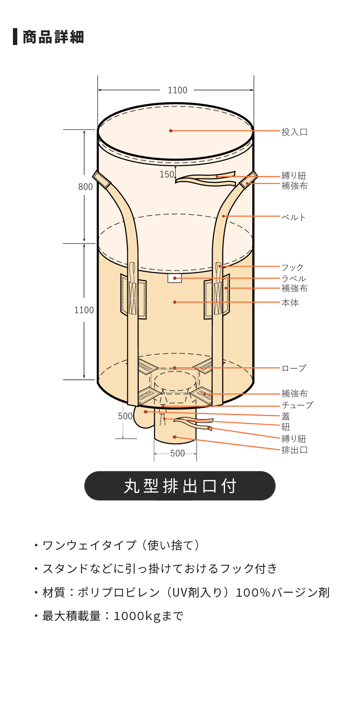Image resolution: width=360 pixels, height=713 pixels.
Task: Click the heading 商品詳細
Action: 53,37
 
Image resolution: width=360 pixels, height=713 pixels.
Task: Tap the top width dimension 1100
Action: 177,90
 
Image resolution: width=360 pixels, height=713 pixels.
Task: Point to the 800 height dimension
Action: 85,187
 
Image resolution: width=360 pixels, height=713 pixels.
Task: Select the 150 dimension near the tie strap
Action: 167,174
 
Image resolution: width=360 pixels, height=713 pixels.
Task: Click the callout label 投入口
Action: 294,132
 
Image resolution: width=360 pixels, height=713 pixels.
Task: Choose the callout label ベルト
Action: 293,217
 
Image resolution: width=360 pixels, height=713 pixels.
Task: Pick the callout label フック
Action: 292,268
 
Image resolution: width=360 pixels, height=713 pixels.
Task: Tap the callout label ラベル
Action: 294,278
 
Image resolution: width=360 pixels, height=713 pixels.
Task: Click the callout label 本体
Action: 290,302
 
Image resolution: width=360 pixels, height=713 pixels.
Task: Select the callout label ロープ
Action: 294,368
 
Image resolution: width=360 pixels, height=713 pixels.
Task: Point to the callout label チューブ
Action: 297,405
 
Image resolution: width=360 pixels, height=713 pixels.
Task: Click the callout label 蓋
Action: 285,416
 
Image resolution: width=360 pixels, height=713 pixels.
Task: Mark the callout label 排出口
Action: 294,450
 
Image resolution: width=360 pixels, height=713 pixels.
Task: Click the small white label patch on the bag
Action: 175,278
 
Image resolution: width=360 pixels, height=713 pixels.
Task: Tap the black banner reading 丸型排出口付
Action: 180,486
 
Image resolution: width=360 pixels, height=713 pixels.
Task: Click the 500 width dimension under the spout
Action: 177,453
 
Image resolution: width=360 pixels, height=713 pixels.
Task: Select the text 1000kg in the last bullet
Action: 137,616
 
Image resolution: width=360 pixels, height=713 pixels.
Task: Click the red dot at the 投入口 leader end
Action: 171,131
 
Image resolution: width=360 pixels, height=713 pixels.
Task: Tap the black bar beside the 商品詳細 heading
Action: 15,37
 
